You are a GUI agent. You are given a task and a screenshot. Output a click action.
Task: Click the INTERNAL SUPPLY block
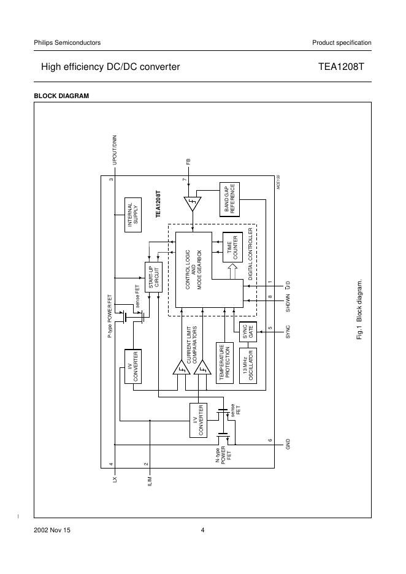coord(133,215)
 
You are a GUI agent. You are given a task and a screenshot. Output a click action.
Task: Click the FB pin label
coord(190,163)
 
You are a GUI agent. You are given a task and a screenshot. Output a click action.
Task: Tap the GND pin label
coord(286,445)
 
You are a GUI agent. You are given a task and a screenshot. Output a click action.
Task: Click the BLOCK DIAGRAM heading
coord(61,96)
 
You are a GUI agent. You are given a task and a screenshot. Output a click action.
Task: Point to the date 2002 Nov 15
coord(52,530)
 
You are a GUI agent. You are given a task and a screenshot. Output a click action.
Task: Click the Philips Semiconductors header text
coord(67,42)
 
